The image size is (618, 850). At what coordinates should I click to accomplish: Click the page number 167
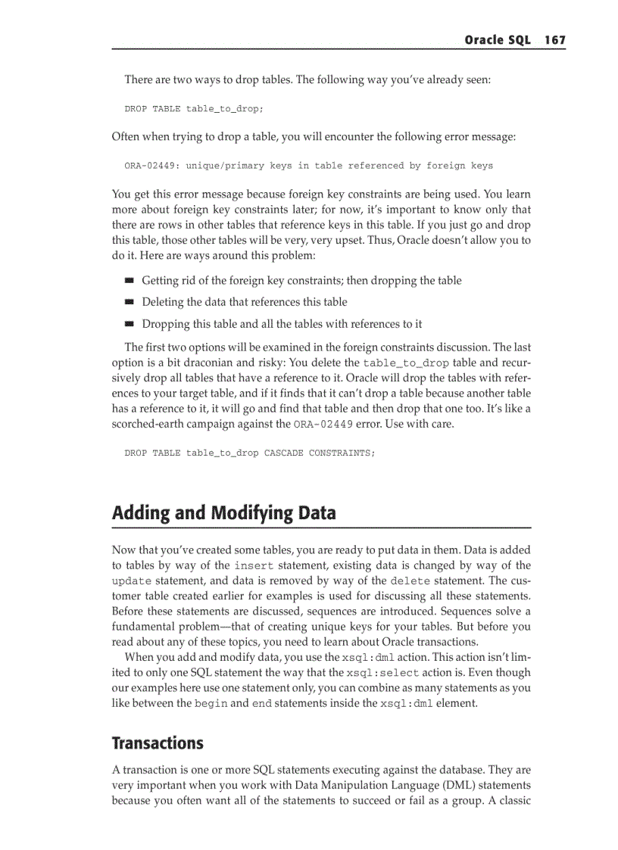point(554,40)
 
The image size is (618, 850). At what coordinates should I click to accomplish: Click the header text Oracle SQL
point(497,40)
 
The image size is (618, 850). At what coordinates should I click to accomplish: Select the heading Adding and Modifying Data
point(223,513)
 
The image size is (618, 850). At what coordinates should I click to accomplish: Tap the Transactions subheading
point(158,743)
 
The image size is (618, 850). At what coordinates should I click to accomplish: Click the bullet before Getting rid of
point(130,281)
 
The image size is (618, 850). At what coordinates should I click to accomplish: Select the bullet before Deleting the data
point(130,302)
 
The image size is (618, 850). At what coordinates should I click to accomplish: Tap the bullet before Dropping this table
point(130,324)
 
